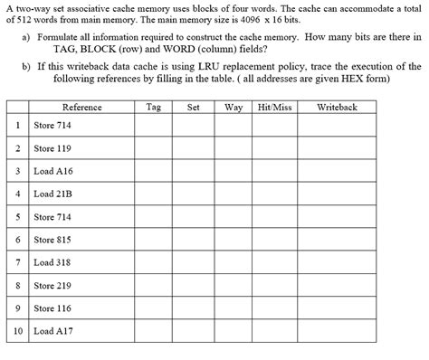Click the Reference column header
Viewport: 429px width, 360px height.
coord(81,107)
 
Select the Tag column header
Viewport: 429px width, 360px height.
coord(153,107)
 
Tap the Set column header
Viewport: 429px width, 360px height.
coord(193,107)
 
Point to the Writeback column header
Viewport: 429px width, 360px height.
coord(337,107)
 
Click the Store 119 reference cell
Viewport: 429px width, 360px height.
coord(52,147)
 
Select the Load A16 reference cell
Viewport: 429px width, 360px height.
coord(52,170)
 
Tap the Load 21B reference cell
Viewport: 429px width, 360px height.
coord(52,194)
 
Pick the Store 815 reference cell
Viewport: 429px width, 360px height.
coord(52,240)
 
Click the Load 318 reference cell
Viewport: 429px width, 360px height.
coord(52,262)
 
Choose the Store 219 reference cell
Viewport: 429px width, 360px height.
coord(52,286)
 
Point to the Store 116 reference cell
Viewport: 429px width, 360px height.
coord(52,308)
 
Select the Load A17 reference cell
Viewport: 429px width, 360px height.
coord(53,332)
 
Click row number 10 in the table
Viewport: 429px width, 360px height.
coord(18,332)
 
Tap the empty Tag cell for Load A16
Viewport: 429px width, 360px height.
coord(153,170)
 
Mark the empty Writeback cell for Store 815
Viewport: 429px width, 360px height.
coord(337,240)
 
